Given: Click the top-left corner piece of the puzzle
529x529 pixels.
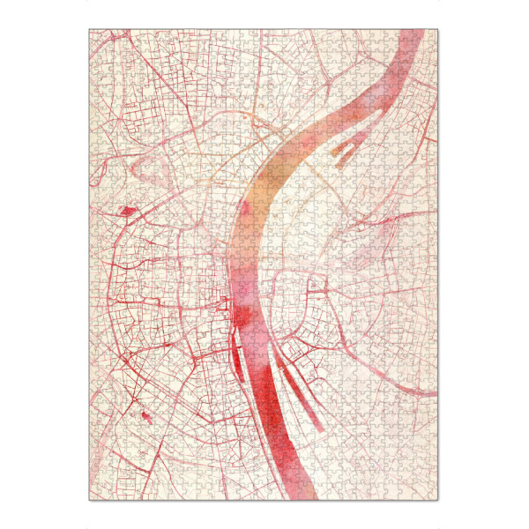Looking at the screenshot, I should [94, 34].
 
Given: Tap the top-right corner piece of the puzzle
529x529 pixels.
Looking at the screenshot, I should [433, 34].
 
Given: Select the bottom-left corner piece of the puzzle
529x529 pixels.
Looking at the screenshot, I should [94, 495].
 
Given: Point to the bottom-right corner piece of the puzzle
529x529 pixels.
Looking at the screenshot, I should [433, 495].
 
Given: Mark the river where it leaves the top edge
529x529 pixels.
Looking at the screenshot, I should [411, 35].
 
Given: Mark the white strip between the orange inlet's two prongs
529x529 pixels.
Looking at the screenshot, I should [346, 150].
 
